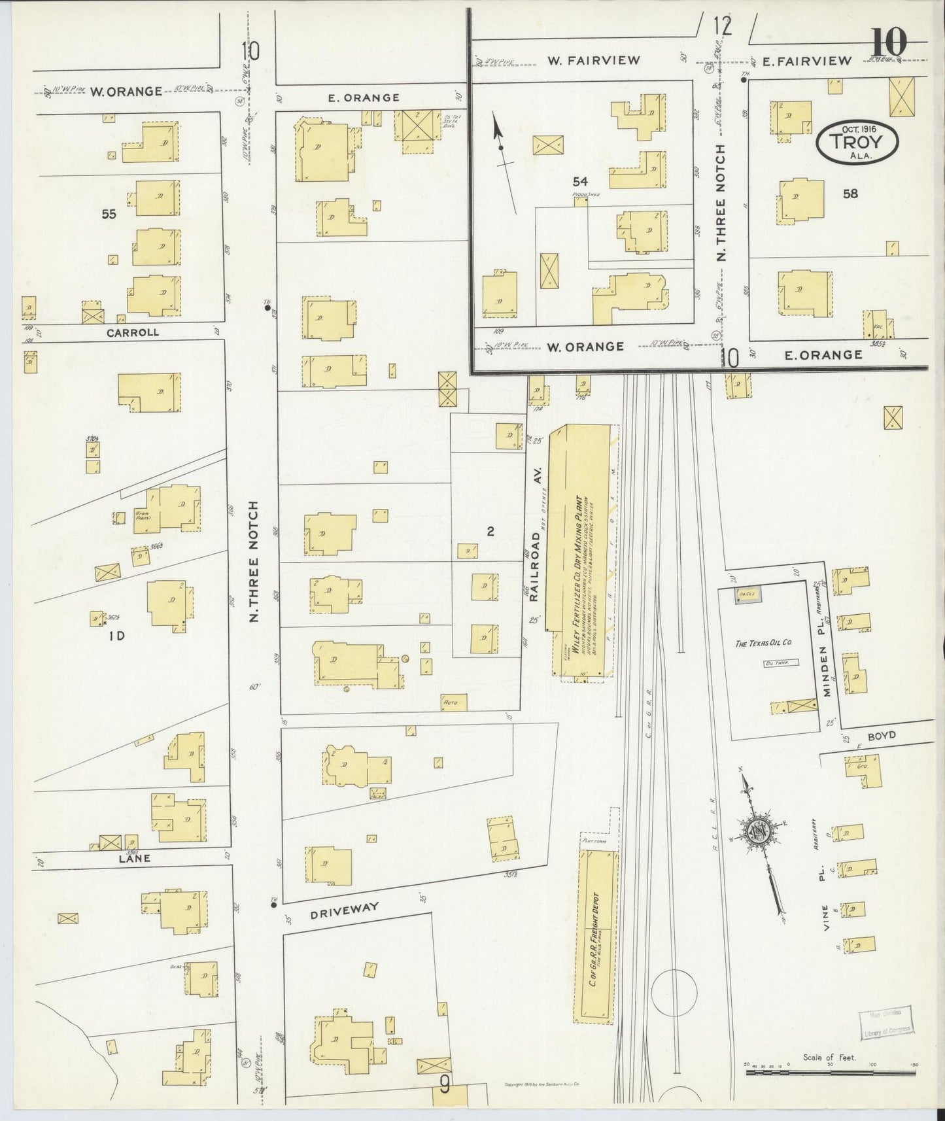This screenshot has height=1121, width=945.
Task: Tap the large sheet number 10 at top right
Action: (x=889, y=44)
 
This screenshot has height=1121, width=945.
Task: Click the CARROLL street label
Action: (x=141, y=332)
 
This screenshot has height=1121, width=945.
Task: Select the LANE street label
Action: (x=134, y=858)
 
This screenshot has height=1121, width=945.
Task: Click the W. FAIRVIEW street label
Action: (x=594, y=61)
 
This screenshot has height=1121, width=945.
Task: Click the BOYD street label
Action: (x=882, y=735)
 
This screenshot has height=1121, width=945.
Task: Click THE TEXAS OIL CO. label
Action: (x=763, y=644)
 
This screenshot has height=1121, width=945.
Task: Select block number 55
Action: (x=109, y=213)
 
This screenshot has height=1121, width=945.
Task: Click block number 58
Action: (x=850, y=194)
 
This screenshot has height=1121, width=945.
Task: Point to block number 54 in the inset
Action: (x=579, y=181)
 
